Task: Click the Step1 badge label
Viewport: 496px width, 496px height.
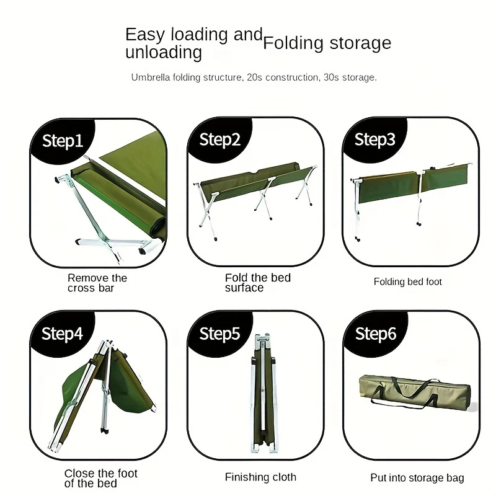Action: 63,141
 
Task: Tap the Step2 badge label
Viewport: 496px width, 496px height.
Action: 220,140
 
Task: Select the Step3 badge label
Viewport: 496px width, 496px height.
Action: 375,139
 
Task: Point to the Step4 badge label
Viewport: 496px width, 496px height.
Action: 63,334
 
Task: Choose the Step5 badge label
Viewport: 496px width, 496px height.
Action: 220,334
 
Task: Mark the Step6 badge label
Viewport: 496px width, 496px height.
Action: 376,334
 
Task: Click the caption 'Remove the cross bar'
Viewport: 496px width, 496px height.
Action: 97,283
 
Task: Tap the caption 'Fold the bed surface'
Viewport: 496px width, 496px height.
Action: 258,283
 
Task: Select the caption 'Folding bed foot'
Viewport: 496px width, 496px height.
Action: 407,281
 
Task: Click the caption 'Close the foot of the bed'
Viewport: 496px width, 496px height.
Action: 101,478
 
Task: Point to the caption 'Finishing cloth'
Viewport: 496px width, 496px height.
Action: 260,477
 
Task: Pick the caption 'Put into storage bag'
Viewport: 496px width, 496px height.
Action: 417,477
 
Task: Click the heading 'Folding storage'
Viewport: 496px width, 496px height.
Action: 327,43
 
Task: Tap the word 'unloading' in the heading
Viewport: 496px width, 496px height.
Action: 164,52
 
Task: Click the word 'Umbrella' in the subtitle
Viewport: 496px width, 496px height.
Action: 151,77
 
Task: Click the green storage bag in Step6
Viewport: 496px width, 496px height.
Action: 415,392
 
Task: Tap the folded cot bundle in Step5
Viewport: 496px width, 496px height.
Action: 263,392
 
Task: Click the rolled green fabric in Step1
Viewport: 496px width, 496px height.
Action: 118,198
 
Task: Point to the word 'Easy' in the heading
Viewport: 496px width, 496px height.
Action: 145,35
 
